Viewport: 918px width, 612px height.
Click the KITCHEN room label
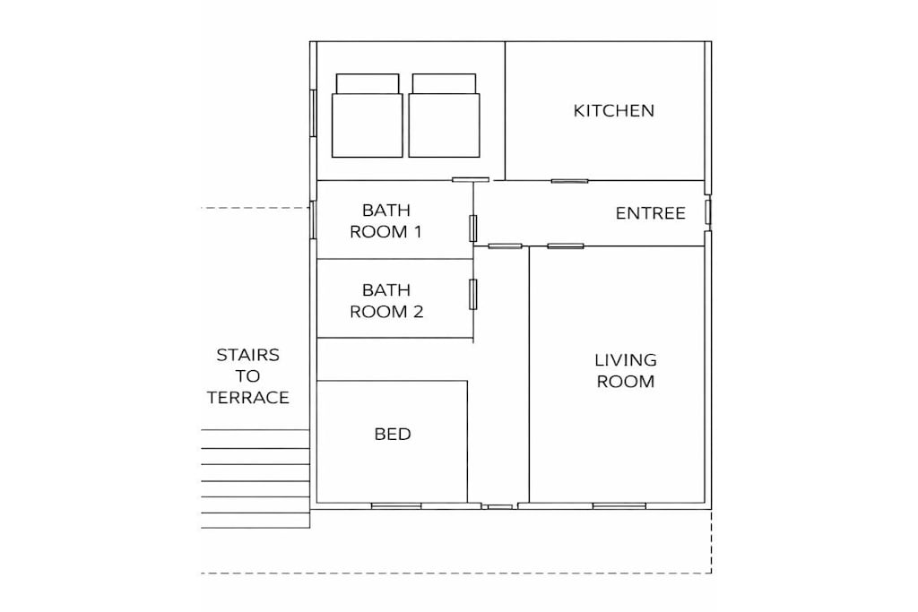coord(613,110)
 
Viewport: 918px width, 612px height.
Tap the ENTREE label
coord(651,213)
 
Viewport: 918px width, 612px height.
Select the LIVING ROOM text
coord(625,370)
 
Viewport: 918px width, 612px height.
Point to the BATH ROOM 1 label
coord(385,220)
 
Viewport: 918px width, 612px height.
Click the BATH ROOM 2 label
coord(386,301)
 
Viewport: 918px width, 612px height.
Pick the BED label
coord(393,434)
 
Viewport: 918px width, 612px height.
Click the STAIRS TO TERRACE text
coord(247,376)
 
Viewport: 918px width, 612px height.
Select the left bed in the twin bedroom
coord(367,116)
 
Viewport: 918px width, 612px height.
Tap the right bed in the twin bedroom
coord(444,116)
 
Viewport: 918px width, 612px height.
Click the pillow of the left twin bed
coord(368,83)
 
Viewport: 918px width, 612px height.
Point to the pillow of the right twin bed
coord(444,83)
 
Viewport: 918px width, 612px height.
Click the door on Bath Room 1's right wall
coord(473,228)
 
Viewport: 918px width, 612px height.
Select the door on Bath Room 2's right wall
coord(473,294)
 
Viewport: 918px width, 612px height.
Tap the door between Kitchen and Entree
coord(569,181)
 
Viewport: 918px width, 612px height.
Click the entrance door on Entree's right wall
coord(708,211)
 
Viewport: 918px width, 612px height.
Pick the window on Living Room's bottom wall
coord(619,505)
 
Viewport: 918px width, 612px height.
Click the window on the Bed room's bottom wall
coord(396,505)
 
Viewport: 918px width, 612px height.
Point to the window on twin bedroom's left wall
coord(313,113)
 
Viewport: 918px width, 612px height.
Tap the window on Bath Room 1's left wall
coord(313,220)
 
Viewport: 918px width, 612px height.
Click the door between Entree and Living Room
coord(566,246)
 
